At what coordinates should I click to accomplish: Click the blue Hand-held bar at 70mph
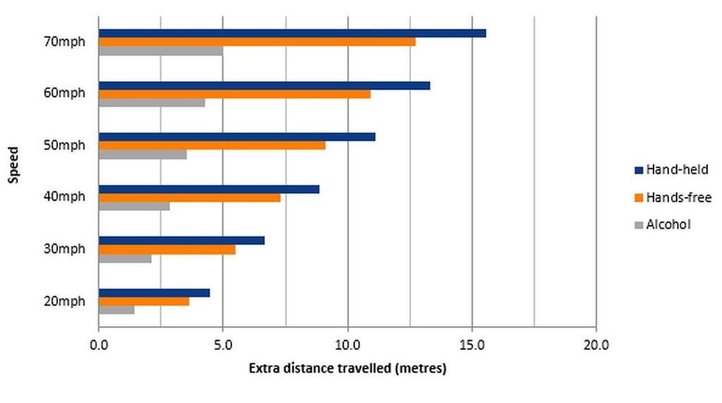click(x=292, y=33)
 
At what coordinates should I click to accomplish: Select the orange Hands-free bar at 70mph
click(x=257, y=42)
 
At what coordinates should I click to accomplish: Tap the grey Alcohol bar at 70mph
click(x=160, y=51)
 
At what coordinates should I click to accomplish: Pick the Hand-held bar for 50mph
click(x=236, y=137)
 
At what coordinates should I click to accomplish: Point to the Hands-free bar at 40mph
click(x=189, y=198)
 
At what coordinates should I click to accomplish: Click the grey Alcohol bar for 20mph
click(x=116, y=310)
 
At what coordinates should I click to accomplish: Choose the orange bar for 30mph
click(x=166, y=249)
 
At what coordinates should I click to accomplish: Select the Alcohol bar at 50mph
click(x=142, y=155)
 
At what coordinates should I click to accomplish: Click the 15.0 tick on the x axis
click(x=472, y=345)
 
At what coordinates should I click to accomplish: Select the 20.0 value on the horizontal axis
click(x=596, y=345)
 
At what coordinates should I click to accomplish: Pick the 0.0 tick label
click(x=99, y=345)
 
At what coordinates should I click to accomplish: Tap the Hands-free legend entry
click(x=673, y=198)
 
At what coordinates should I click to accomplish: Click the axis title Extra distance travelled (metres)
click(x=347, y=368)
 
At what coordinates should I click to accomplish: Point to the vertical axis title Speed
click(x=13, y=163)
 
